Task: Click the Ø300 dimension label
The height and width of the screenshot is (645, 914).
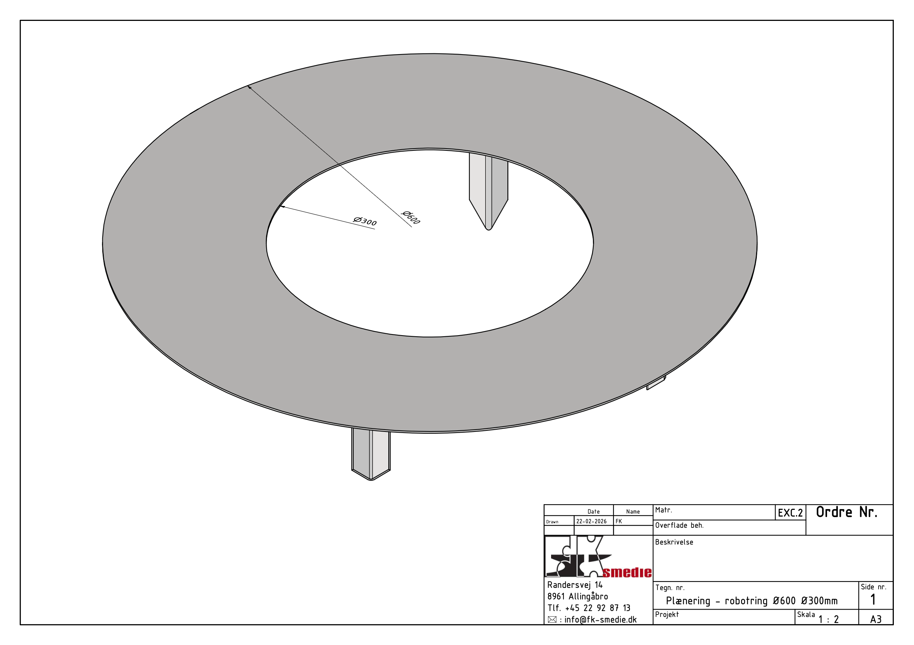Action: coord(365,221)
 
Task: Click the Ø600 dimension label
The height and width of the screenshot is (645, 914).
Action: coord(411,218)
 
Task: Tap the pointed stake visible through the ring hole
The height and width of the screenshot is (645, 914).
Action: coord(488,191)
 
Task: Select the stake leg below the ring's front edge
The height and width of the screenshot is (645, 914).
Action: coord(371,454)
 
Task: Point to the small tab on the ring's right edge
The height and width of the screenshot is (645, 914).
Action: coord(656,383)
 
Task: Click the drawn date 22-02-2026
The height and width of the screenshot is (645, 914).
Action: coord(591,521)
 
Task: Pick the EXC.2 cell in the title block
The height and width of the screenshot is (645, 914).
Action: coord(790,513)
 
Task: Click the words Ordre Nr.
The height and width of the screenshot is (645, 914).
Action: coord(847,512)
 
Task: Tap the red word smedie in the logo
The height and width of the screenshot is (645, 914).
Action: coord(627,572)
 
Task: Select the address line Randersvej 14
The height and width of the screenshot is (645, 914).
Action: coord(575,585)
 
